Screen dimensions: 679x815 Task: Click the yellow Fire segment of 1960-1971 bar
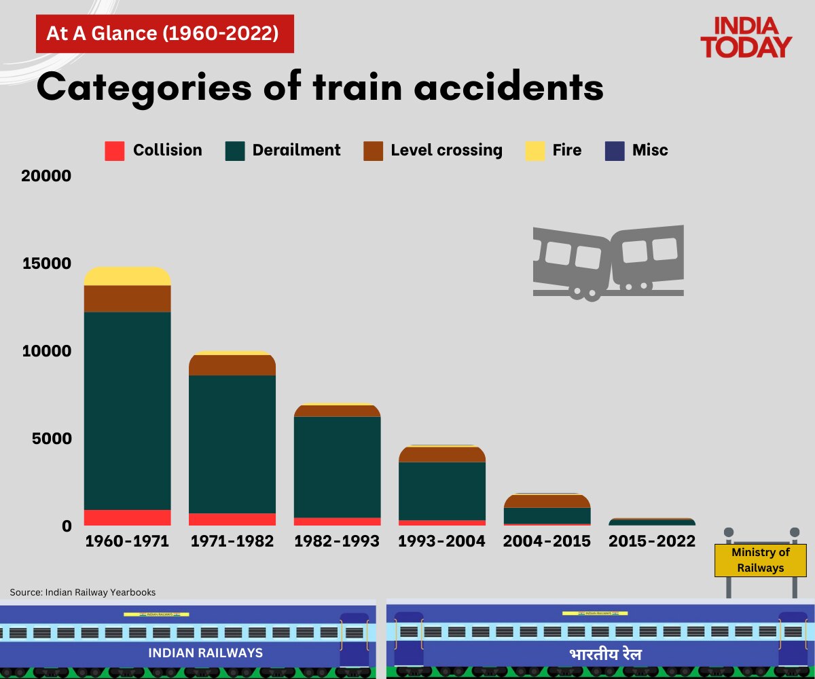tap(127, 276)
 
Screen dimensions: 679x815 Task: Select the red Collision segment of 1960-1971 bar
tap(127, 517)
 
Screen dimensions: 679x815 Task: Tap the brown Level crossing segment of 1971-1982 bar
tap(232, 365)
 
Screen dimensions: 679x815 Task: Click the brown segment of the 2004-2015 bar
tap(547, 501)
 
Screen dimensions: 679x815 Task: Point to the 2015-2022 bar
tap(652, 522)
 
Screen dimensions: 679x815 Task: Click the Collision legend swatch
tap(115, 151)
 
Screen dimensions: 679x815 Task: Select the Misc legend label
tap(650, 150)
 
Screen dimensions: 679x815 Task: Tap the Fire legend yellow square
tap(535, 151)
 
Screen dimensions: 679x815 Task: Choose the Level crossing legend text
tap(446, 150)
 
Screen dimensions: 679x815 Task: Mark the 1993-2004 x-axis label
tap(442, 541)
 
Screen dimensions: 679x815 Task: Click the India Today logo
tap(746, 38)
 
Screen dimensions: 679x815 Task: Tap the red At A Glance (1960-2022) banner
tap(164, 34)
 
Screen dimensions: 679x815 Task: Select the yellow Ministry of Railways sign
tap(760, 560)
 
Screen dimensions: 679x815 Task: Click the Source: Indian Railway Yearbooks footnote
tap(82, 592)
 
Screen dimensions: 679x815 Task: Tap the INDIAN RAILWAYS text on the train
tap(206, 653)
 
